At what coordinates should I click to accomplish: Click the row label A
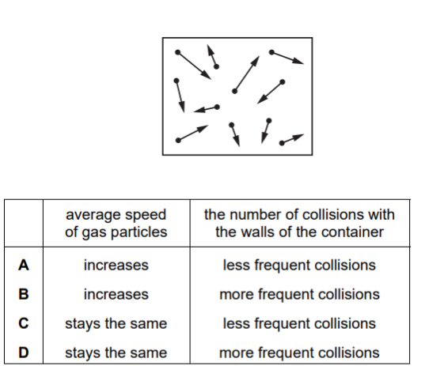(x=24, y=265)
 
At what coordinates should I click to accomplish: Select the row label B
(x=24, y=294)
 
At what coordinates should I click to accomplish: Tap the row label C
(x=24, y=323)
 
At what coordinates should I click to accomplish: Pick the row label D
(x=24, y=353)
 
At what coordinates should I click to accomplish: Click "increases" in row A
(x=116, y=265)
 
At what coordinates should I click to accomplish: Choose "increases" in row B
(x=116, y=294)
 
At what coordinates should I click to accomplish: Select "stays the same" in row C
(x=116, y=324)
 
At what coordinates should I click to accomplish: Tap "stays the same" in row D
(x=116, y=353)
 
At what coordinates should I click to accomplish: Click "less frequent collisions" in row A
(x=299, y=265)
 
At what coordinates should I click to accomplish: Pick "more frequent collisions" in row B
(x=299, y=294)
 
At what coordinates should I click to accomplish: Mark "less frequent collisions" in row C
(x=299, y=323)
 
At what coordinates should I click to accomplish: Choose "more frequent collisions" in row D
(x=299, y=353)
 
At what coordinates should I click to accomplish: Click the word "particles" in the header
(x=139, y=232)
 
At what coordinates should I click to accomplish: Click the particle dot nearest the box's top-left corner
(x=178, y=52)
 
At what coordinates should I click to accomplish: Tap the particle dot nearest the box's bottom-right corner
(x=282, y=143)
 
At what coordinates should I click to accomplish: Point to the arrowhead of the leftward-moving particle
(x=199, y=110)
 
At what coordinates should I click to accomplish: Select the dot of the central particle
(x=235, y=92)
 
